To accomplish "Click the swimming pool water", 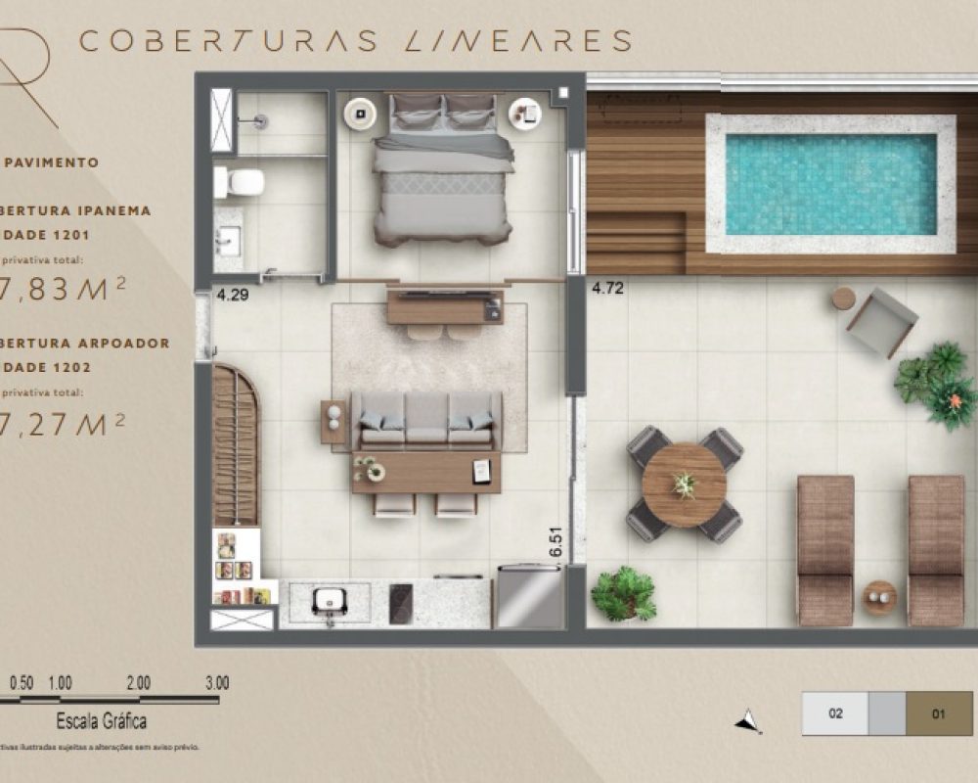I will pos(830,184).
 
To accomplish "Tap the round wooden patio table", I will pos(684,484).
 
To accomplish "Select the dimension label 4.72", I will pos(607,288).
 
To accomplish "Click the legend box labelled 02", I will pos(834,714).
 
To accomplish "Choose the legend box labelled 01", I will pos(939,714).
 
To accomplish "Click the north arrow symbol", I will pos(748,721).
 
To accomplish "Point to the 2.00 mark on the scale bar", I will pos(138,682).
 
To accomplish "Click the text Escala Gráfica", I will pos(102,722).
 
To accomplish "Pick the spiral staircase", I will pos(236,445).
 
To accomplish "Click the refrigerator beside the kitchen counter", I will pos(529,598).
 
